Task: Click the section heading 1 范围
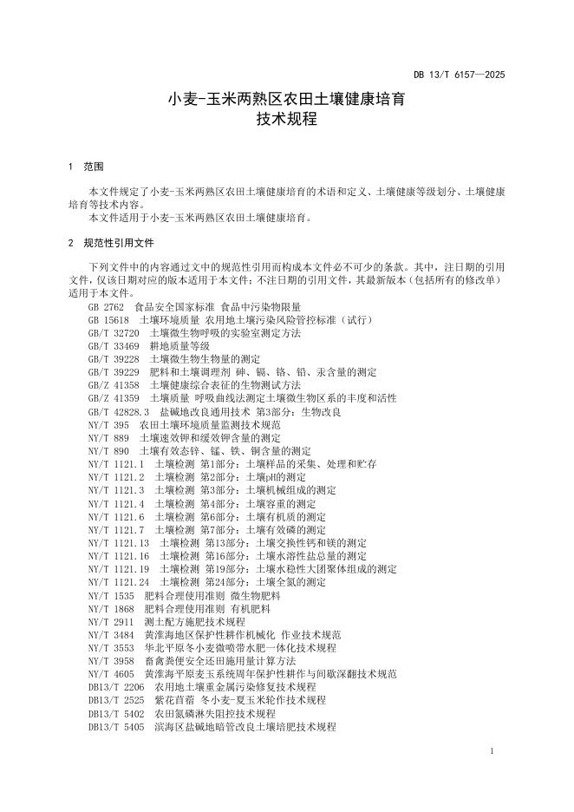(x=86, y=166)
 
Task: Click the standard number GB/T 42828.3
(x=120, y=411)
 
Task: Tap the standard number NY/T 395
(x=108, y=425)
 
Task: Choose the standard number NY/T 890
(x=108, y=451)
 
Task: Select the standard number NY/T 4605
(x=111, y=674)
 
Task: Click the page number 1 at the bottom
(x=492, y=751)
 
